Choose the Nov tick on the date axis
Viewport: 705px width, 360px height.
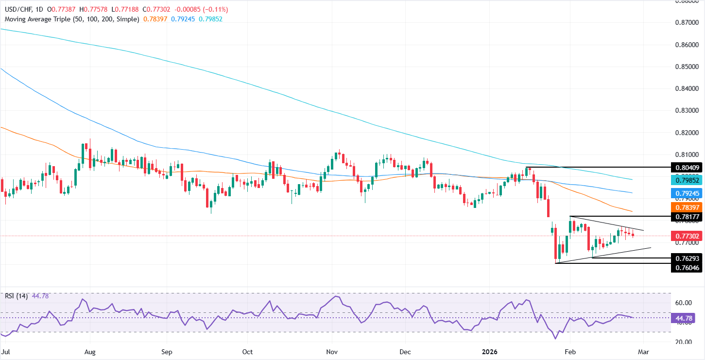332,351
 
